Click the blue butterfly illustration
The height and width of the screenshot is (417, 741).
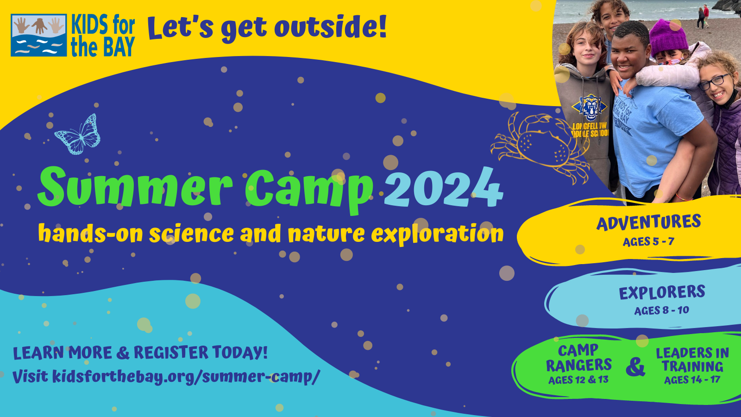click(78, 135)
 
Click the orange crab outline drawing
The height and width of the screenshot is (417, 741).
click(540, 144)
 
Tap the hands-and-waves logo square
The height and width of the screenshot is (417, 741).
click(39, 35)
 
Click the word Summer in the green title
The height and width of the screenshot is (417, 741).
click(135, 187)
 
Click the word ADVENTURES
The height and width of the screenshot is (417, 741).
click(648, 222)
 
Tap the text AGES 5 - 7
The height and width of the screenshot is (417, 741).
click(648, 242)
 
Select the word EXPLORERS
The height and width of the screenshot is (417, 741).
click(662, 292)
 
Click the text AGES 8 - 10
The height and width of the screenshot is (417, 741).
click(661, 310)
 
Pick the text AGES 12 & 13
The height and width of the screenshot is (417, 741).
click(578, 380)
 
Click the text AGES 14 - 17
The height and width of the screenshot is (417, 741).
click(692, 380)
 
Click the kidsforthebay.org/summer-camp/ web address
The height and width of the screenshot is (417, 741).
click(186, 377)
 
